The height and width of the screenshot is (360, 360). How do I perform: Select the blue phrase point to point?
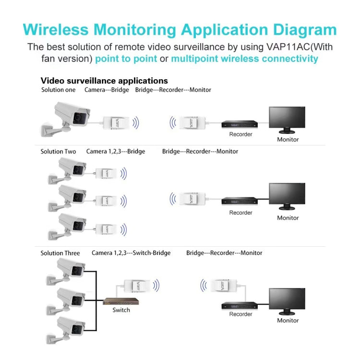coord(126,59)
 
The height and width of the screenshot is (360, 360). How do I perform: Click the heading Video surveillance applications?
coord(104,81)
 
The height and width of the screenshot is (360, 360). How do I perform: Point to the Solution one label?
coord(58,90)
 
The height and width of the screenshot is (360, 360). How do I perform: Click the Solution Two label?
coord(58,151)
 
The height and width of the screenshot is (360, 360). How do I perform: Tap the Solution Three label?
coord(60,253)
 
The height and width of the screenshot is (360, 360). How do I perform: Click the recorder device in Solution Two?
coord(240,201)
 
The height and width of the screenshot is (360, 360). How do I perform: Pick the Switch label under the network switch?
coord(121,310)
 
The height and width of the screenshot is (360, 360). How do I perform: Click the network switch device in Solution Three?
coord(121,301)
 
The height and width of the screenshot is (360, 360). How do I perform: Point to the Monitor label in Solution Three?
coord(288,320)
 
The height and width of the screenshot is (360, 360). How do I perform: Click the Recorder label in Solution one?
coord(240,134)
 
